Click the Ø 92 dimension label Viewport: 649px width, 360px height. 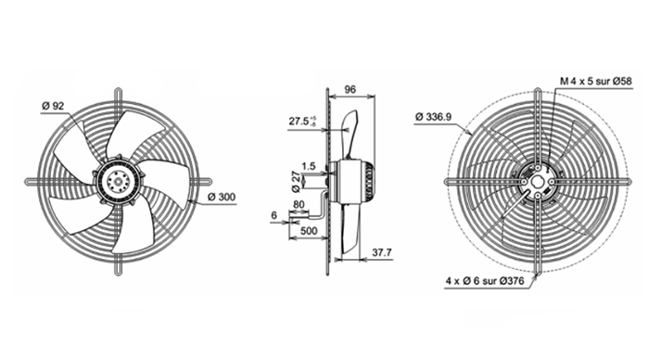point(53,106)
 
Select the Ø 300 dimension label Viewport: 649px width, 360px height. point(222,198)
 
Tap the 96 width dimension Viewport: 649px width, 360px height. point(350,89)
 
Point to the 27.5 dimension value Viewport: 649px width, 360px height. point(299,122)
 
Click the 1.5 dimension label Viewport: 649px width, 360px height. point(309,166)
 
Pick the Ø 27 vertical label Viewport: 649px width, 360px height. point(296,182)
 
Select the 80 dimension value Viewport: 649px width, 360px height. point(299,205)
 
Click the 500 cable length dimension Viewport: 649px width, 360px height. point(309,231)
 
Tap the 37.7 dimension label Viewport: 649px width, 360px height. point(382,252)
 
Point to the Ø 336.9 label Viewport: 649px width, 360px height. point(433,117)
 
